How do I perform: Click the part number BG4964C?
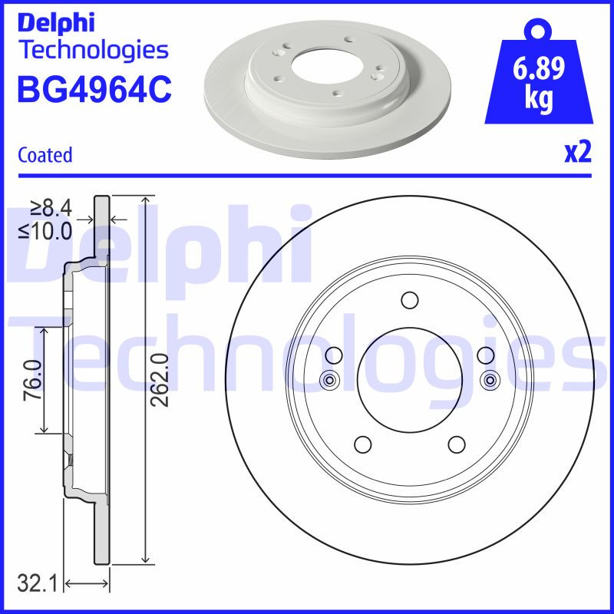(94, 90)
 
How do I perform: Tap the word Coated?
(45, 155)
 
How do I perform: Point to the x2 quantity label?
(578, 153)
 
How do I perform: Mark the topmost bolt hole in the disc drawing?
(408, 299)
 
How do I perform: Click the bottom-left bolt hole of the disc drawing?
(363, 444)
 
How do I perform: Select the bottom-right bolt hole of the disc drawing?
(456, 444)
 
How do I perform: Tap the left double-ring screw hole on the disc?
(329, 379)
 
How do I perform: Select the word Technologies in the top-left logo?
(92, 50)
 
